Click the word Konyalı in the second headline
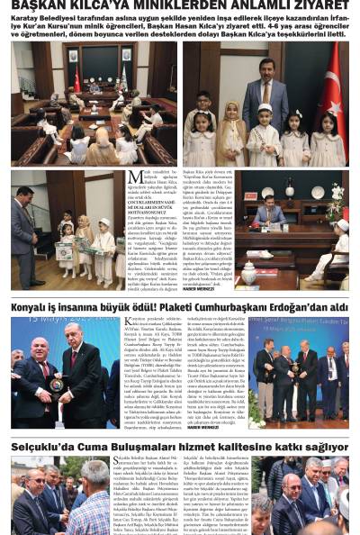36,308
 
